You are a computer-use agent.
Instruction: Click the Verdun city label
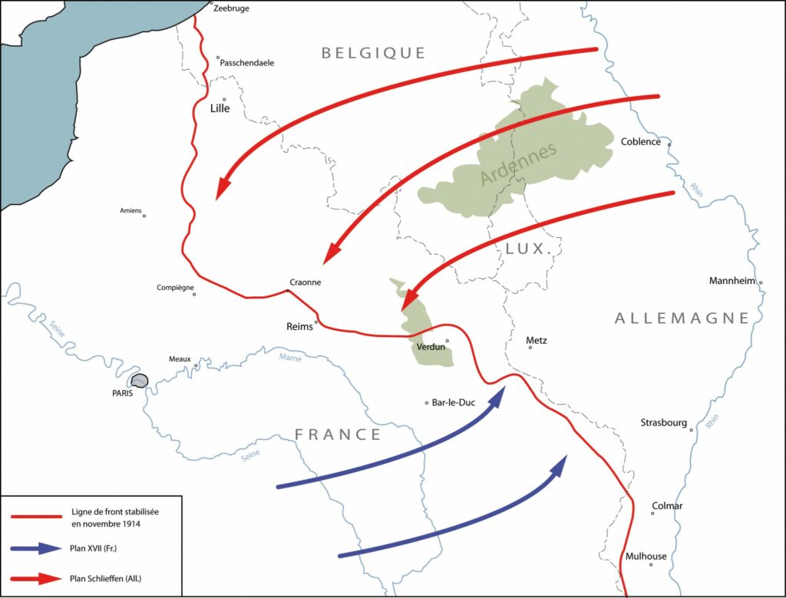(x=430, y=347)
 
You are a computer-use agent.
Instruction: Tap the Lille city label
(x=220, y=109)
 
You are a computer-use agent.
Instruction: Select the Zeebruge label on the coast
(x=231, y=8)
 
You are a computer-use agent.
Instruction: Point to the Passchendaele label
(x=247, y=63)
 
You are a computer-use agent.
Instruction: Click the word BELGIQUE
(x=373, y=53)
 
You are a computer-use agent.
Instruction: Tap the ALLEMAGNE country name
(x=682, y=319)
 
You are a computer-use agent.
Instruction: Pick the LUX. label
(x=530, y=249)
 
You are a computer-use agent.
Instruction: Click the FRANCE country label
(x=338, y=434)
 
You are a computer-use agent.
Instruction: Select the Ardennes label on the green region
(x=517, y=164)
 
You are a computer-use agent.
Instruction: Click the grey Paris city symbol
(x=139, y=381)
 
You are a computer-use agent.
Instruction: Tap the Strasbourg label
(x=665, y=422)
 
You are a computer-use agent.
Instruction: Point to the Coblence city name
(x=640, y=142)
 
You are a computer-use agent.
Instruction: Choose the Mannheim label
(x=732, y=280)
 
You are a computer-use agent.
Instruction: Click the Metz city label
(x=537, y=340)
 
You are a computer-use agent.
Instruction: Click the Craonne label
(x=305, y=282)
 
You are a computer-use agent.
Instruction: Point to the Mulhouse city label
(x=646, y=557)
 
